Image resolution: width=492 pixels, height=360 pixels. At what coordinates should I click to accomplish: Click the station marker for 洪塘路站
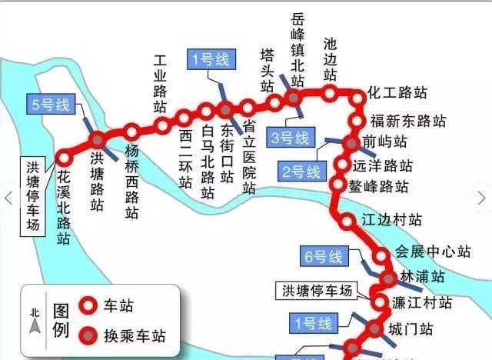[x=98, y=140]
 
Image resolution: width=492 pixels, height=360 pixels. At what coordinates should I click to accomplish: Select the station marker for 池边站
[x=329, y=94]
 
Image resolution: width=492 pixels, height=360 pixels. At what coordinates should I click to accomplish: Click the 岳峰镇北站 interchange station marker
[x=293, y=96]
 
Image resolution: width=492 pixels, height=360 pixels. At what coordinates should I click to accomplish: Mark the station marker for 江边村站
[x=347, y=220]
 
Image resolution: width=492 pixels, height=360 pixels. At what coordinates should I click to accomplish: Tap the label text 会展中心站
[x=433, y=251]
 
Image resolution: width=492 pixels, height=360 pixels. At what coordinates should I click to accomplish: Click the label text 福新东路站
[x=407, y=121]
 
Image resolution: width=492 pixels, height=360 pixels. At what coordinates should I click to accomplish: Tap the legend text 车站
[x=123, y=306]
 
